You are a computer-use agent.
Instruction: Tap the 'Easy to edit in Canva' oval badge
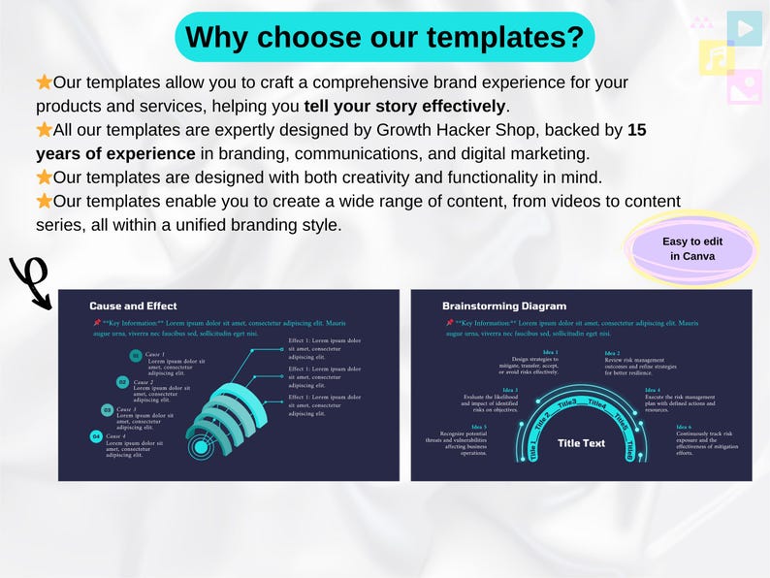691,249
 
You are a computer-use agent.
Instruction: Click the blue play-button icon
744,28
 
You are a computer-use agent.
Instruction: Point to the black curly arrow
30,282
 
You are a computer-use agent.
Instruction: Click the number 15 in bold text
637,130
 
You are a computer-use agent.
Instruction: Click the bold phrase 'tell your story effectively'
405,106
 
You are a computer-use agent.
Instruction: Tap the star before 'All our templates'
44,130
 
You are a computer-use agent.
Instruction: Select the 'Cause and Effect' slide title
133,306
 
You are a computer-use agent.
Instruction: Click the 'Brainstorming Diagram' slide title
503,306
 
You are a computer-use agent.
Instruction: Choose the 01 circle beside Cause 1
136,356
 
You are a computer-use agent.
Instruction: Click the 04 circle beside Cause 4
96,436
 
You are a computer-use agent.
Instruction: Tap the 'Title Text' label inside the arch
581,443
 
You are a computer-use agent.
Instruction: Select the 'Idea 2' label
612,353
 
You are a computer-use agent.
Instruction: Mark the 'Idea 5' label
479,427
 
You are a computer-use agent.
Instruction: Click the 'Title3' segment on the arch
566,401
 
